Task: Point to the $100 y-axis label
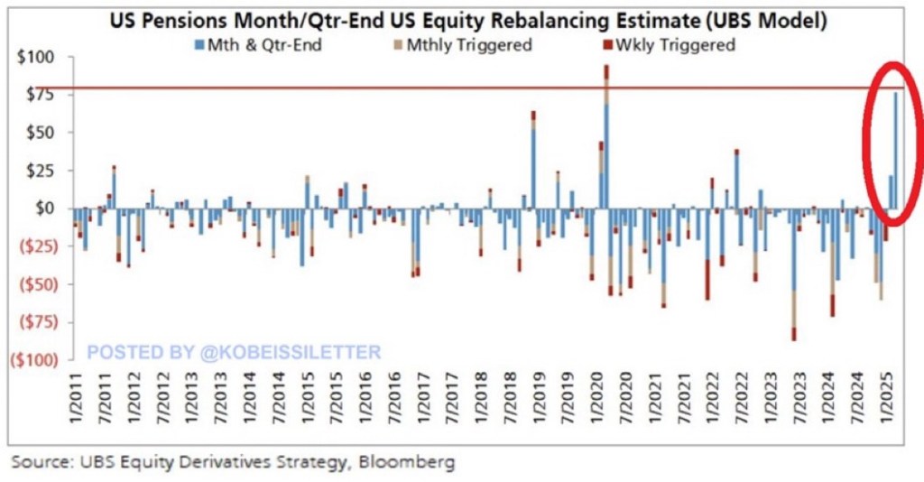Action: coord(36,57)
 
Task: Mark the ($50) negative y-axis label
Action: coord(32,283)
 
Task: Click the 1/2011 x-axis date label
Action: coord(79,403)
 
